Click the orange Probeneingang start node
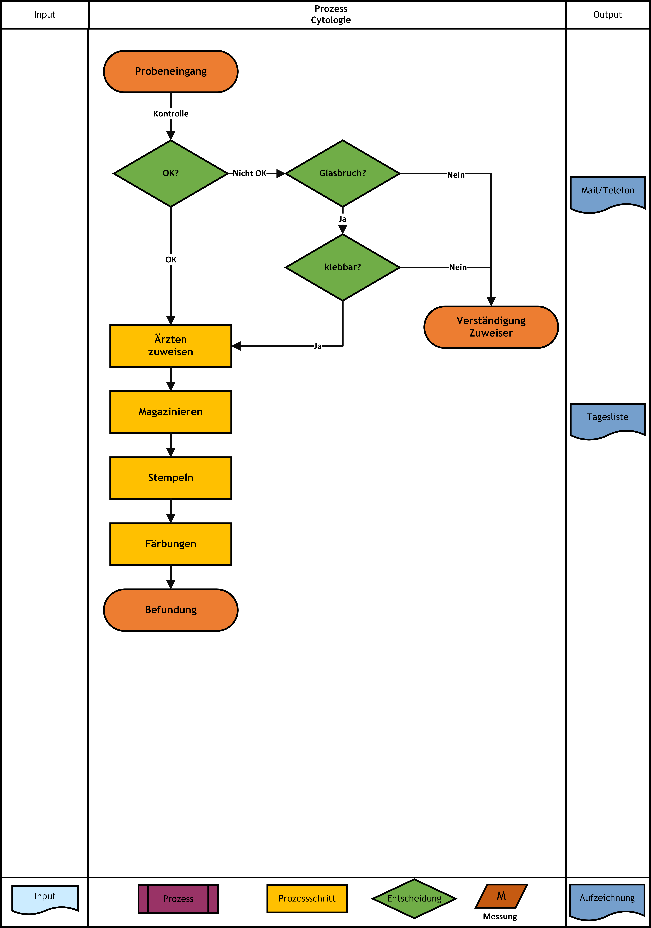[171, 72]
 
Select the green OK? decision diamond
[171, 173]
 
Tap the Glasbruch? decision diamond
[342, 173]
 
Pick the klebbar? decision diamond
[342, 267]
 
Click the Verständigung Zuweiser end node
[491, 327]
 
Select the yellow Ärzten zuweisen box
[171, 346]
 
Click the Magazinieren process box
[171, 412]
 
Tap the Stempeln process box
[171, 478]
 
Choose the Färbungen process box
[171, 544]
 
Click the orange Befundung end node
[171, 610]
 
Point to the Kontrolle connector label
[171, 114]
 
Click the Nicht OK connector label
[249, 173]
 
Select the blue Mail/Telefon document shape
[608, 194]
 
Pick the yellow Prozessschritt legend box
[307, 899]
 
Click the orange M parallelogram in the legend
[501, 896]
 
